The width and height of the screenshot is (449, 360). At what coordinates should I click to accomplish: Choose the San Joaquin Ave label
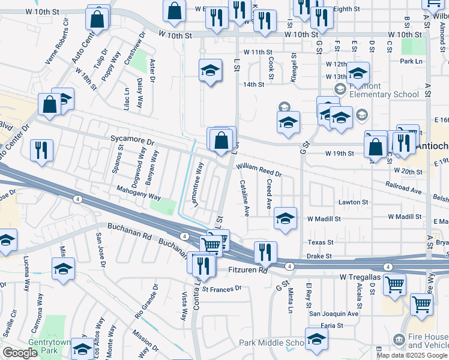[333, 313]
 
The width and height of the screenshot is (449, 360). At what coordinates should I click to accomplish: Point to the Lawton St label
[353, 202]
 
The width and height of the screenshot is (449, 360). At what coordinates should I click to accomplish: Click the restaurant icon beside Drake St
[265, 253]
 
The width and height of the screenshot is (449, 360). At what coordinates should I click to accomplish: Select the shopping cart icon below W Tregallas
[394, 284]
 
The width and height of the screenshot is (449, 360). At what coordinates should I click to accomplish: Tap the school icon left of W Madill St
[285, 219]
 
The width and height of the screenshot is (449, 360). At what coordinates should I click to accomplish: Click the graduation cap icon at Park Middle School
[316, 339]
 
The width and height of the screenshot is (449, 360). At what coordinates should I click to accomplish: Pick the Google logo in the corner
[20, 353]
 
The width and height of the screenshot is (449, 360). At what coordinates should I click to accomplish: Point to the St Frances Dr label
[221, 289]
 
